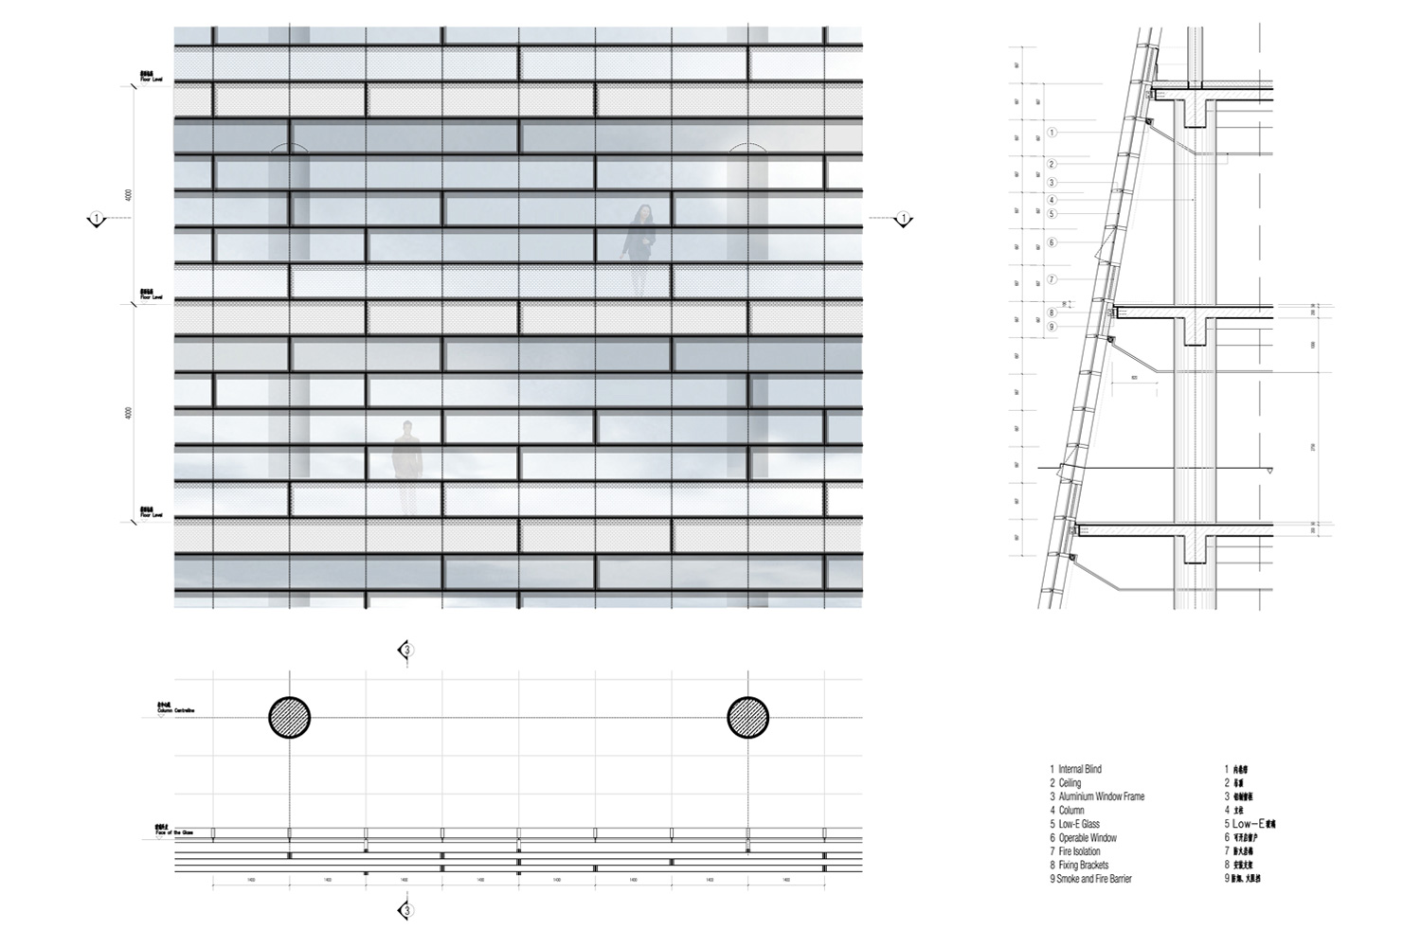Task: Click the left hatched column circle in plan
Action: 290,717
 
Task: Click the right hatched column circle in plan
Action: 747,717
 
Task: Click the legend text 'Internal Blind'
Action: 1079,769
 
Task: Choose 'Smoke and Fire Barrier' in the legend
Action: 1093,879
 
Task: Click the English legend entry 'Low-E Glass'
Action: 1078,824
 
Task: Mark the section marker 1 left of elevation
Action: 97,220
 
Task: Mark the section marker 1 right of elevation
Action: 904,220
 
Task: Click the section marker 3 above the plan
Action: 406,650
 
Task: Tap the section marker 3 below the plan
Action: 406,911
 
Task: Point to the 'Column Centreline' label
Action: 175,708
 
